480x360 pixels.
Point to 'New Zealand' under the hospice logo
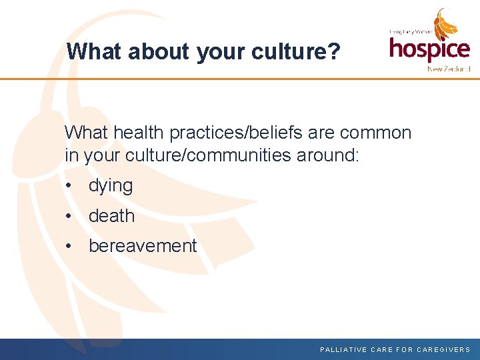(x=449, y=69)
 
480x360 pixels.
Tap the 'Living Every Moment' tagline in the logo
(x=411, y=31)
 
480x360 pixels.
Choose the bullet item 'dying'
(x=111, y=186)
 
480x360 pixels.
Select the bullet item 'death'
(x=111, y=216)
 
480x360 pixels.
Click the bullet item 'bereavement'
(x=143, y=246)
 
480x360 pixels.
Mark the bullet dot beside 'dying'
(x=69, y=186)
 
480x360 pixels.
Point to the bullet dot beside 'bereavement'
(x=69, y=246)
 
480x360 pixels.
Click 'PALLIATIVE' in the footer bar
(x=343, y=349)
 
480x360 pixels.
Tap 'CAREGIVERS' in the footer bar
(x=444, y=349)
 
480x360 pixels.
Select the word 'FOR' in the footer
(x=405, y=349)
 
